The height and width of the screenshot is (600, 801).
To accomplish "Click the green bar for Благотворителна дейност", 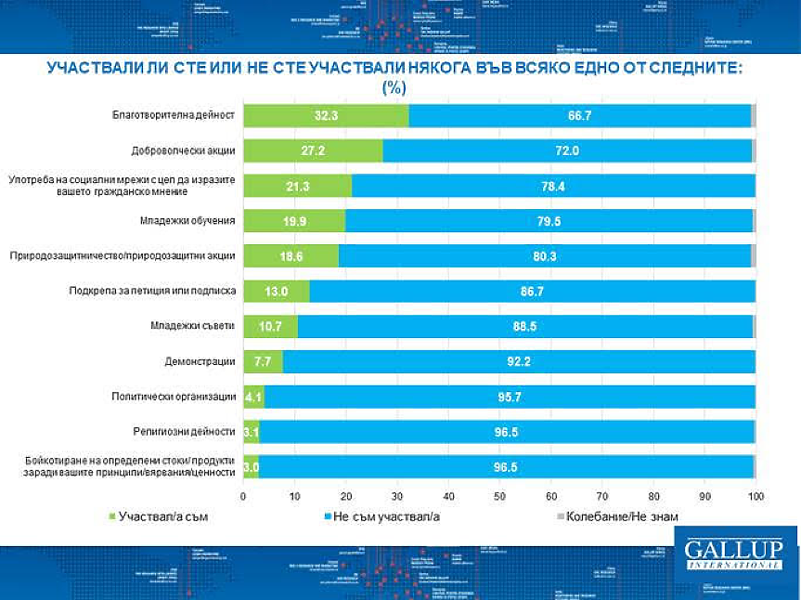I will point(325,115).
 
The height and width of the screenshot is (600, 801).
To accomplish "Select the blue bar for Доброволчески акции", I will point(566,150).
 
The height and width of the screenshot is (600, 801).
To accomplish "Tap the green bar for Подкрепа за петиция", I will point(276,292).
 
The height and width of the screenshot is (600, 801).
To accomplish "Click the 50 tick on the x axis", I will point(499,495).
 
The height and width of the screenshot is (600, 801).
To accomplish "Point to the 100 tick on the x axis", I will point(756,495).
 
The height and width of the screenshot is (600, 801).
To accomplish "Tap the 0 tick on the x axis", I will point(243,495).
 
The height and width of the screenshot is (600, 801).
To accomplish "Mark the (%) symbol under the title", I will point(394,87).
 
